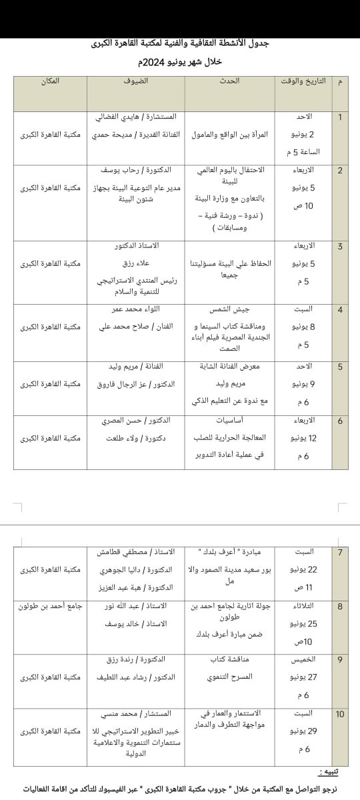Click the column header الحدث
229,81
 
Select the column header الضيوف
135,81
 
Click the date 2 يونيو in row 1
303,135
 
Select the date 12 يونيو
304,438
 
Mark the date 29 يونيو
303,731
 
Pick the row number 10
340,714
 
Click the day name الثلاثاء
304,606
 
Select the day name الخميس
304,659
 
